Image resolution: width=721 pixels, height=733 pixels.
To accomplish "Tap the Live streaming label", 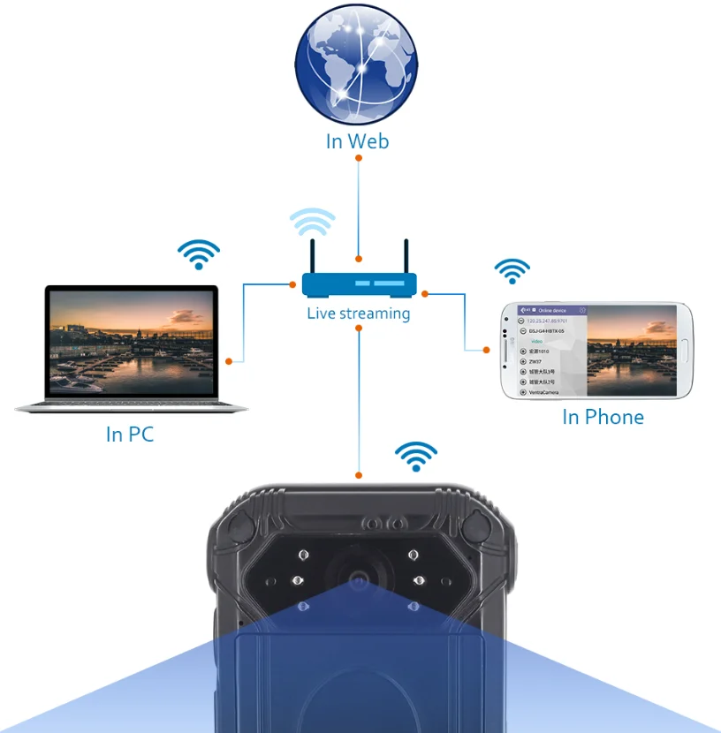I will point(359,314).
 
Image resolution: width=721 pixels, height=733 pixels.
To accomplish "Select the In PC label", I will point(130,435).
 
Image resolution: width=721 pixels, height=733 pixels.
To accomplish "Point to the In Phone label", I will point(603,417).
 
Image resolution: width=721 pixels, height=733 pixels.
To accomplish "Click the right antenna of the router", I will point(406,255).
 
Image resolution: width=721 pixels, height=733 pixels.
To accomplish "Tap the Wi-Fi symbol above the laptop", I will point(199,254).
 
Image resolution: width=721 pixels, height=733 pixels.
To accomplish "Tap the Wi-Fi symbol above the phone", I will point(512,270).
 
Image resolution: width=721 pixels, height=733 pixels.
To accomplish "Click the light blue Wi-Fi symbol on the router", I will point(313,223).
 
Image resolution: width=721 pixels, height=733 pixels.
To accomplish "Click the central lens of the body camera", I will point(358,580).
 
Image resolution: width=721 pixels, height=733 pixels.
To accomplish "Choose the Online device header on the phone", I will point(557,311).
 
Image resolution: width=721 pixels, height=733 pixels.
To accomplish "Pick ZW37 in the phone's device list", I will point(535,361).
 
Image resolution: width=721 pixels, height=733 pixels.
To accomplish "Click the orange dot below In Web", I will point(358,158).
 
